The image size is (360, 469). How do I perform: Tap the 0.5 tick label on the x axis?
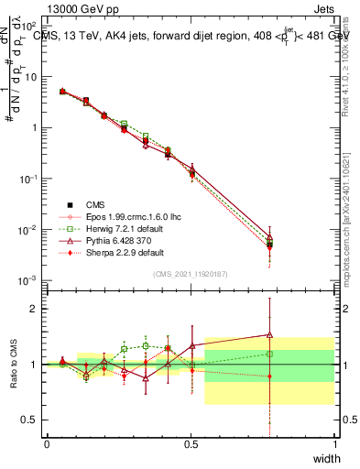tap(191, 444)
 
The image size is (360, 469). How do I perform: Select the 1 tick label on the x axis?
tap(335, 444)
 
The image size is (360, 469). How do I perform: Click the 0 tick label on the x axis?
tap(47, 444)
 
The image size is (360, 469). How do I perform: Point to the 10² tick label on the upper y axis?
tap(30, 27)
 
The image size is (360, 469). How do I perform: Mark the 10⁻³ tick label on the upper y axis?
tap(29, 279)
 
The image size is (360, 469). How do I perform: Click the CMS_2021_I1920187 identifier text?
tap(191, 273)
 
